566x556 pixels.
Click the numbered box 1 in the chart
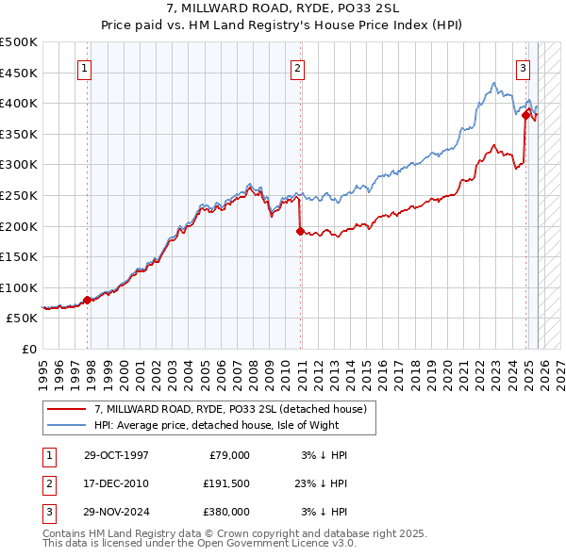click(85, 67)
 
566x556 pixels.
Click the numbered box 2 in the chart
click(297, 67)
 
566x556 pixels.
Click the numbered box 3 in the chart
click(523, 67)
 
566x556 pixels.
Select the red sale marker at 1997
click(88, 300)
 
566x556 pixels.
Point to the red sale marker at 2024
click(525, 115)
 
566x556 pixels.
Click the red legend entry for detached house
click(236, 408)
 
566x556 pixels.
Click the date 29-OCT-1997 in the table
click(116, 455)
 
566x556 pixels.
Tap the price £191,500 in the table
click(226, 483)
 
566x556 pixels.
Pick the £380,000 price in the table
click(226, 512)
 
